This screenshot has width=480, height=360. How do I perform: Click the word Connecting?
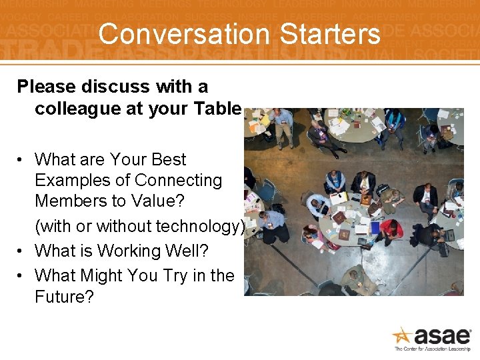point(179,181)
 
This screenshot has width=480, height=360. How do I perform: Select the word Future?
point(64,297)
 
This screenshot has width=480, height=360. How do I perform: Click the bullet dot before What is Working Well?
point(22,252)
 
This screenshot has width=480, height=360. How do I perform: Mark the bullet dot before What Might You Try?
point(22,276)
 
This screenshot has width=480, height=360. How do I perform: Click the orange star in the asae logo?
point(402,335)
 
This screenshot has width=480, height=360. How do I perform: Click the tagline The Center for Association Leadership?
point(433,349)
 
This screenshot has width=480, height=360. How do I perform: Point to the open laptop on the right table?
point(448,235)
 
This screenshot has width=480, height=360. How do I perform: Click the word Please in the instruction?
point(47,87)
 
